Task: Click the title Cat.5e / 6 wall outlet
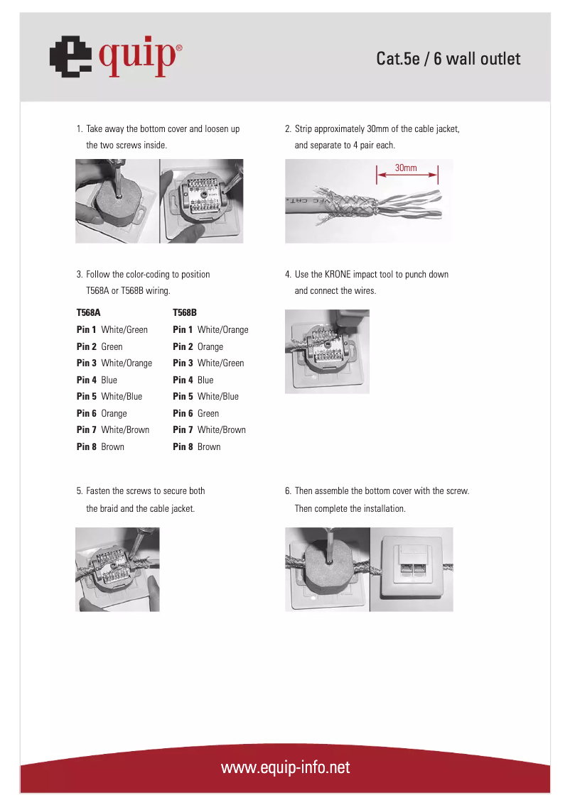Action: tap(448, 59)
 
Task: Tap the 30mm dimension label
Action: tap(406, 168)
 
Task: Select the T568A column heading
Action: tap(89, 312)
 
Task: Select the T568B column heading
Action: tap(185, 312)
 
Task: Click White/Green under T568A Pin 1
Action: tap(124, 329)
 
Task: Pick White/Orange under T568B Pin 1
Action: tap(222, 329)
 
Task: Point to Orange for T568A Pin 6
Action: tap(114, 413)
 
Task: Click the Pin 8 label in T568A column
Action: tap(86, 447)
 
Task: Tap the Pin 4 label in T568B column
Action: tap(183, 380)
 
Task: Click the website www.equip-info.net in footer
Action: tap(285, 768)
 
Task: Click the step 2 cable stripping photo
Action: tap(368, 201)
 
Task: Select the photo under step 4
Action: tap(327, 351)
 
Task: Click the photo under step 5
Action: tap(118, 569)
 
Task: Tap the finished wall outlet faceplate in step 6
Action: tap(412, 569)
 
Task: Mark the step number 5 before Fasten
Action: tap(79, 491)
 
